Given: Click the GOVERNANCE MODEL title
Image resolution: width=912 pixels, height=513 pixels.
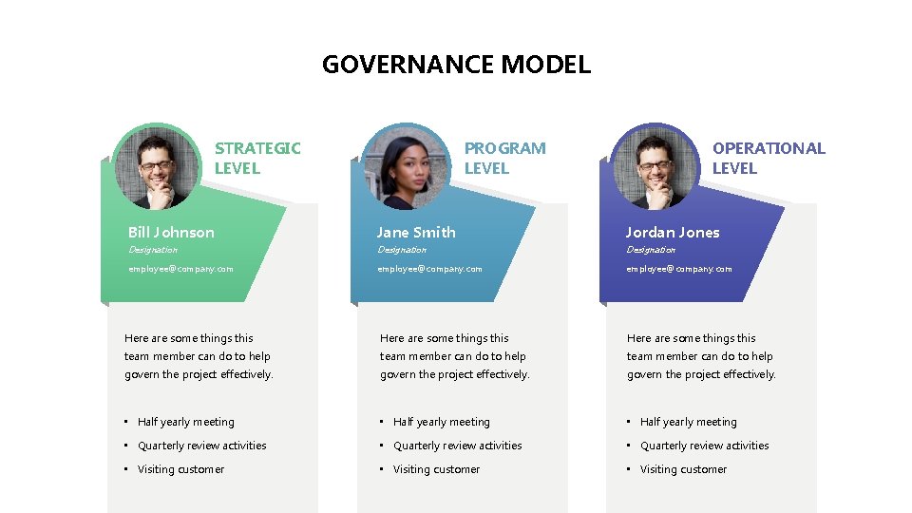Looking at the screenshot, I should (x=456, y=65).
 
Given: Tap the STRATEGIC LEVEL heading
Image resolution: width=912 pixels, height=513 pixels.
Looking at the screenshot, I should (x=256, y=158).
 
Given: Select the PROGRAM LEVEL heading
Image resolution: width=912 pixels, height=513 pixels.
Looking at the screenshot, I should (x=504, y=158).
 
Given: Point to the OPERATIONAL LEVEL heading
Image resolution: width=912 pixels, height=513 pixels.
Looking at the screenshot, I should (x=769, y=158).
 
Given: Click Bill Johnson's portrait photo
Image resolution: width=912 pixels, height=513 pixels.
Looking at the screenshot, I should (x=158, y=168).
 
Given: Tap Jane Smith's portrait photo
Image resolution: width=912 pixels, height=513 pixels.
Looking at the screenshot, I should (x=406, y=168).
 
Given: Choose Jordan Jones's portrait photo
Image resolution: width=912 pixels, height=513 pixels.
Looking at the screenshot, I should (x=655, y=168).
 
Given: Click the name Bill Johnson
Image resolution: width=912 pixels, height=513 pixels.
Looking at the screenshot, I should (x=171, y=232).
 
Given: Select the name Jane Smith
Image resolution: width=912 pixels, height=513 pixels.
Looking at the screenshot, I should (x=416, y=232).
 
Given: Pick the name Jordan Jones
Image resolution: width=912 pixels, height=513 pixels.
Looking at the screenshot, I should (x=673, y=232).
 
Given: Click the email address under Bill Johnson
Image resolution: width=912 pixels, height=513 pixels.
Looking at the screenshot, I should (x=180, y=269).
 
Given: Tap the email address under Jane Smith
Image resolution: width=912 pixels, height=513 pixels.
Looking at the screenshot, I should (x=429, y=269).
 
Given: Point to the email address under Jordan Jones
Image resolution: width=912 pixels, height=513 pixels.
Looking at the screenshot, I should (x=678, y=269).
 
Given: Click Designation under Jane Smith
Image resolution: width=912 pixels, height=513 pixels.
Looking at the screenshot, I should (x=402, y=250).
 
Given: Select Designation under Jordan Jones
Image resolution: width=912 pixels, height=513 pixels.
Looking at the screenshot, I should (x=651, y=250).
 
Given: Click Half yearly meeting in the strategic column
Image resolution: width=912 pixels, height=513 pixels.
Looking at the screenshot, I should (x=185, y=422).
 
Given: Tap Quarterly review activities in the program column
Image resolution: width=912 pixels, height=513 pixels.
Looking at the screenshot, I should (x=457, y=446).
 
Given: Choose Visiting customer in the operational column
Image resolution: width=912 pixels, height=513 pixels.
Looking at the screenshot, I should (x=683, y=469).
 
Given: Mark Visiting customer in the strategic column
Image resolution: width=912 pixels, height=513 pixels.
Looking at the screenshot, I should (x=180, y=469).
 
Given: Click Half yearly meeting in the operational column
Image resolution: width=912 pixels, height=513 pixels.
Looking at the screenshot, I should (x=688, y=422).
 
